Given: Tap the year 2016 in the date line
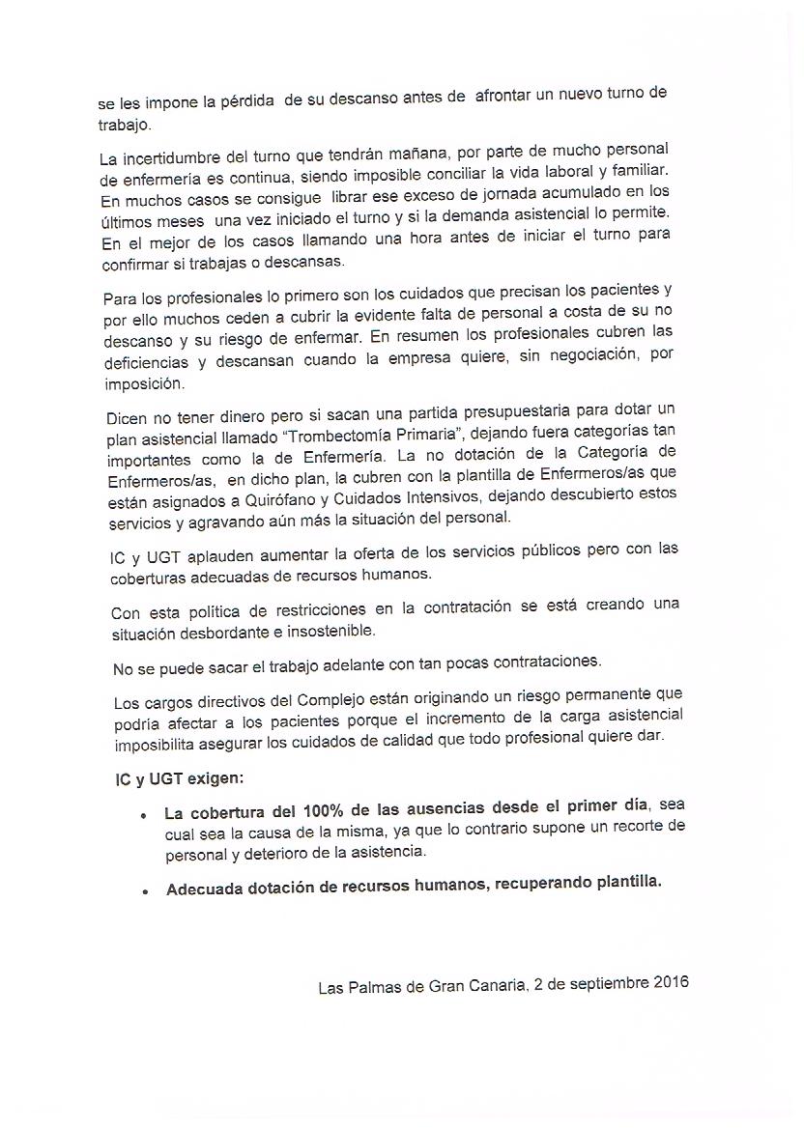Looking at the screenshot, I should tap(666, 986).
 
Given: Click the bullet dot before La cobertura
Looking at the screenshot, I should tap(144, 816).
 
